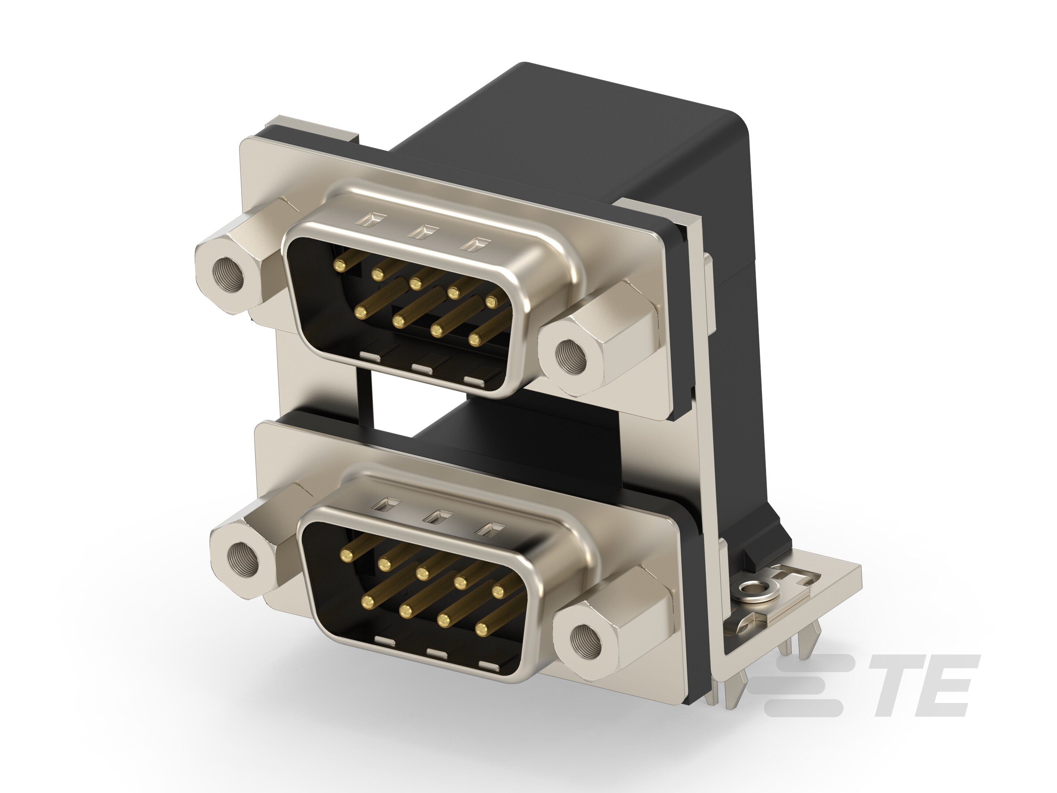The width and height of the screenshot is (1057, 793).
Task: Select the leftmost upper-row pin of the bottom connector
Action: (346, 554)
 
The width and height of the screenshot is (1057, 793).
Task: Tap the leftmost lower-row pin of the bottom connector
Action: (368, 600)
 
